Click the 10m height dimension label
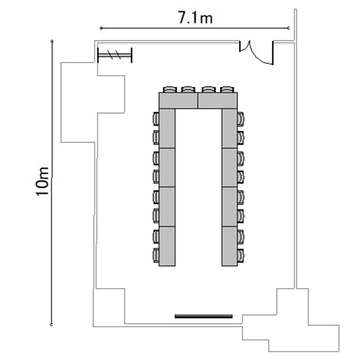click(42, 181)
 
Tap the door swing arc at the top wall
click(259, 54)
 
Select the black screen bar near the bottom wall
click(204, 316)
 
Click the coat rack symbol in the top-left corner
click(115, 55)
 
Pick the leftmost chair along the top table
click(170, 90)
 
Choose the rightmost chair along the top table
click(227, 90)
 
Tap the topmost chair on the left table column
click(156, 119)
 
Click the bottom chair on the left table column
click(156, 255)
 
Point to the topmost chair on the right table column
click(240, 119)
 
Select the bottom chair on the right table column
click(240, 255)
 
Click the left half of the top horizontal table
click(179, 101)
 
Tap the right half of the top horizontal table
click(217, 101)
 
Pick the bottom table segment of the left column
click(167, 246)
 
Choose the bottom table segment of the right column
click(229, 246)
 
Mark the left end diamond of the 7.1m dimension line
click(101, 28)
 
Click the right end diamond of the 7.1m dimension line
click(288, 28)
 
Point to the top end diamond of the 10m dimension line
click(52, 41)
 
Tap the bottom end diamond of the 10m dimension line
click(51, 324)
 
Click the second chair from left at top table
click(188, 90)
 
